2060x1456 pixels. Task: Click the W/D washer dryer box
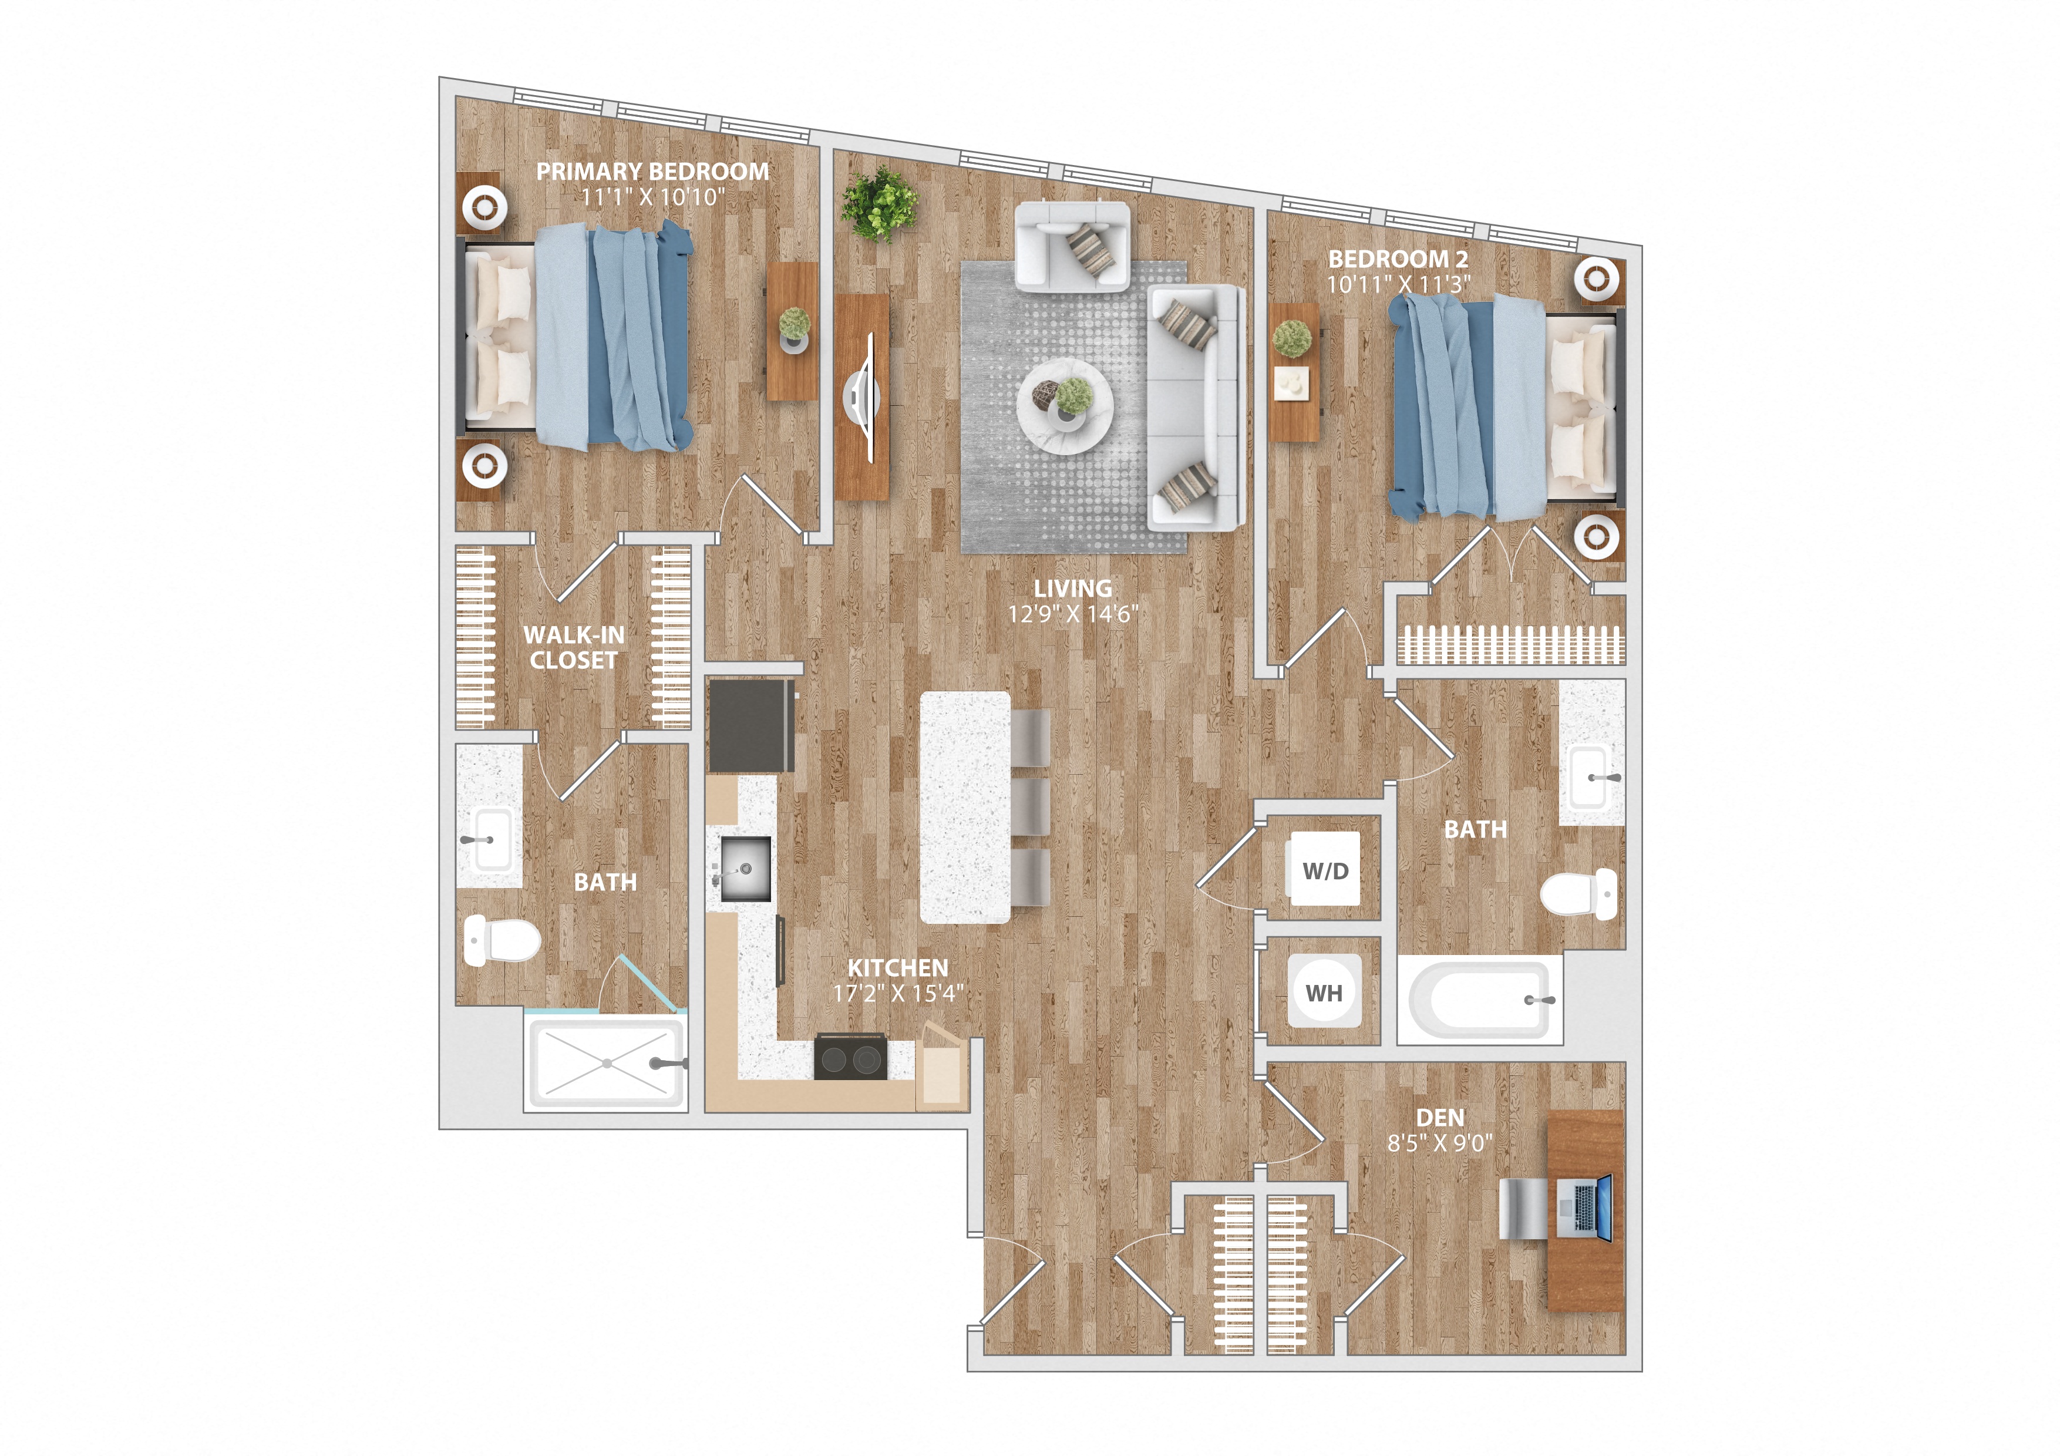[1324, 870]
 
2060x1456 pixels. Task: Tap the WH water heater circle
[1324, 992]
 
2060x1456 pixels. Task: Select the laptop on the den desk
[1584, 1210]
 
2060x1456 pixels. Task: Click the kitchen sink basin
[745, 869]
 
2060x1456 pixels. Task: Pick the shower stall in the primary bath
[607, 1064]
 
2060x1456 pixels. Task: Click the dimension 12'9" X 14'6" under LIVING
[1072, 614]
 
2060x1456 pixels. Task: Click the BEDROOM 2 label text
[1398, 259]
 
